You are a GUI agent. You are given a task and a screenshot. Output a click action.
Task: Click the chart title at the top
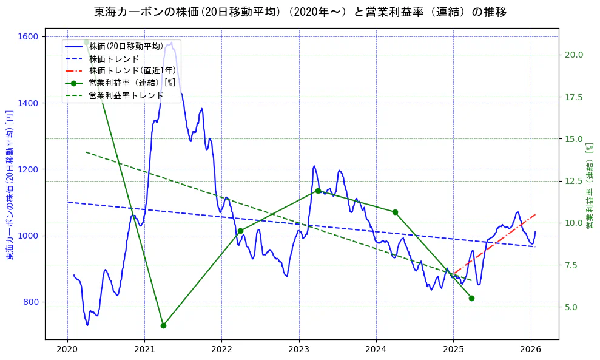[x=300, y=12]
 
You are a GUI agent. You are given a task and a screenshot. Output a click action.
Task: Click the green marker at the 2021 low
[x=163, y=325]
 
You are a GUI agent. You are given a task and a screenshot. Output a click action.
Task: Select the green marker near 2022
[x=240, y=231]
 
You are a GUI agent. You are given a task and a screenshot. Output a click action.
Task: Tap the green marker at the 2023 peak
[x=318, y=191]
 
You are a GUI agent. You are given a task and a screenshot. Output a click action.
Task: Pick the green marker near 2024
[x=395, y=212]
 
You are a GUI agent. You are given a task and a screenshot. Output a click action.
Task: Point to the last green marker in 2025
[x=471, y=298]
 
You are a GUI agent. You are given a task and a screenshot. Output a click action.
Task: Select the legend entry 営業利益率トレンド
[x=126, y=95]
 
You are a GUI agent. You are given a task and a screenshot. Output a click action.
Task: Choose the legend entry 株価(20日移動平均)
[x=126, y=46]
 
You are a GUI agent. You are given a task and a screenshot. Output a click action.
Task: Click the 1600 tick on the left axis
[x=30, y=36]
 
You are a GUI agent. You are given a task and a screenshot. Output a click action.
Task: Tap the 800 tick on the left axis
[x=32, y=302]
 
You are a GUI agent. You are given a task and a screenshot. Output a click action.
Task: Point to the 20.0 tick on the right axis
[x=574, y=55]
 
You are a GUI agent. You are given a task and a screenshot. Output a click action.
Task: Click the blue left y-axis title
[x=10, y=185]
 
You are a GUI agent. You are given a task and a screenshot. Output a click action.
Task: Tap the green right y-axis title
[x=589, y=185]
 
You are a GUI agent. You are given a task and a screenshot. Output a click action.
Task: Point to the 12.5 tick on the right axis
[x=574, y=181]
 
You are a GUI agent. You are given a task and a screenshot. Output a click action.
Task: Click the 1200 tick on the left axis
[x=30, y=169]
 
